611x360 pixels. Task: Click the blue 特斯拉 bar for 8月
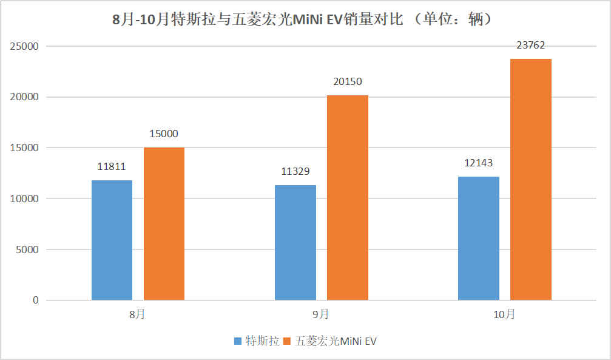tap(112, 240)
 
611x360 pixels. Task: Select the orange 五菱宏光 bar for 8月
tap(164, 223)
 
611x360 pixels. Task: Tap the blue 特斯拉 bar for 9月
tap(295, 242)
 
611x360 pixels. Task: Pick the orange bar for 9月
tap(347, 197)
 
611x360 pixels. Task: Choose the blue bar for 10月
tap(478, 238)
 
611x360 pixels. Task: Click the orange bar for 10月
tap(530, 179)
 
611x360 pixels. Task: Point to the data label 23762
tap(531, 44)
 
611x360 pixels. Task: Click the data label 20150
tap(348, 81)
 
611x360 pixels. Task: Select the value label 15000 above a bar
tap(164, 134)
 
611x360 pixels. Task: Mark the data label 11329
tap(295, 171)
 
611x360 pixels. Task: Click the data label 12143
tap(478, 163)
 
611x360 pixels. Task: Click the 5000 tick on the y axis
tap(28, 250)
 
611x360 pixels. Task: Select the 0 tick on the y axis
tap(36, 301)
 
